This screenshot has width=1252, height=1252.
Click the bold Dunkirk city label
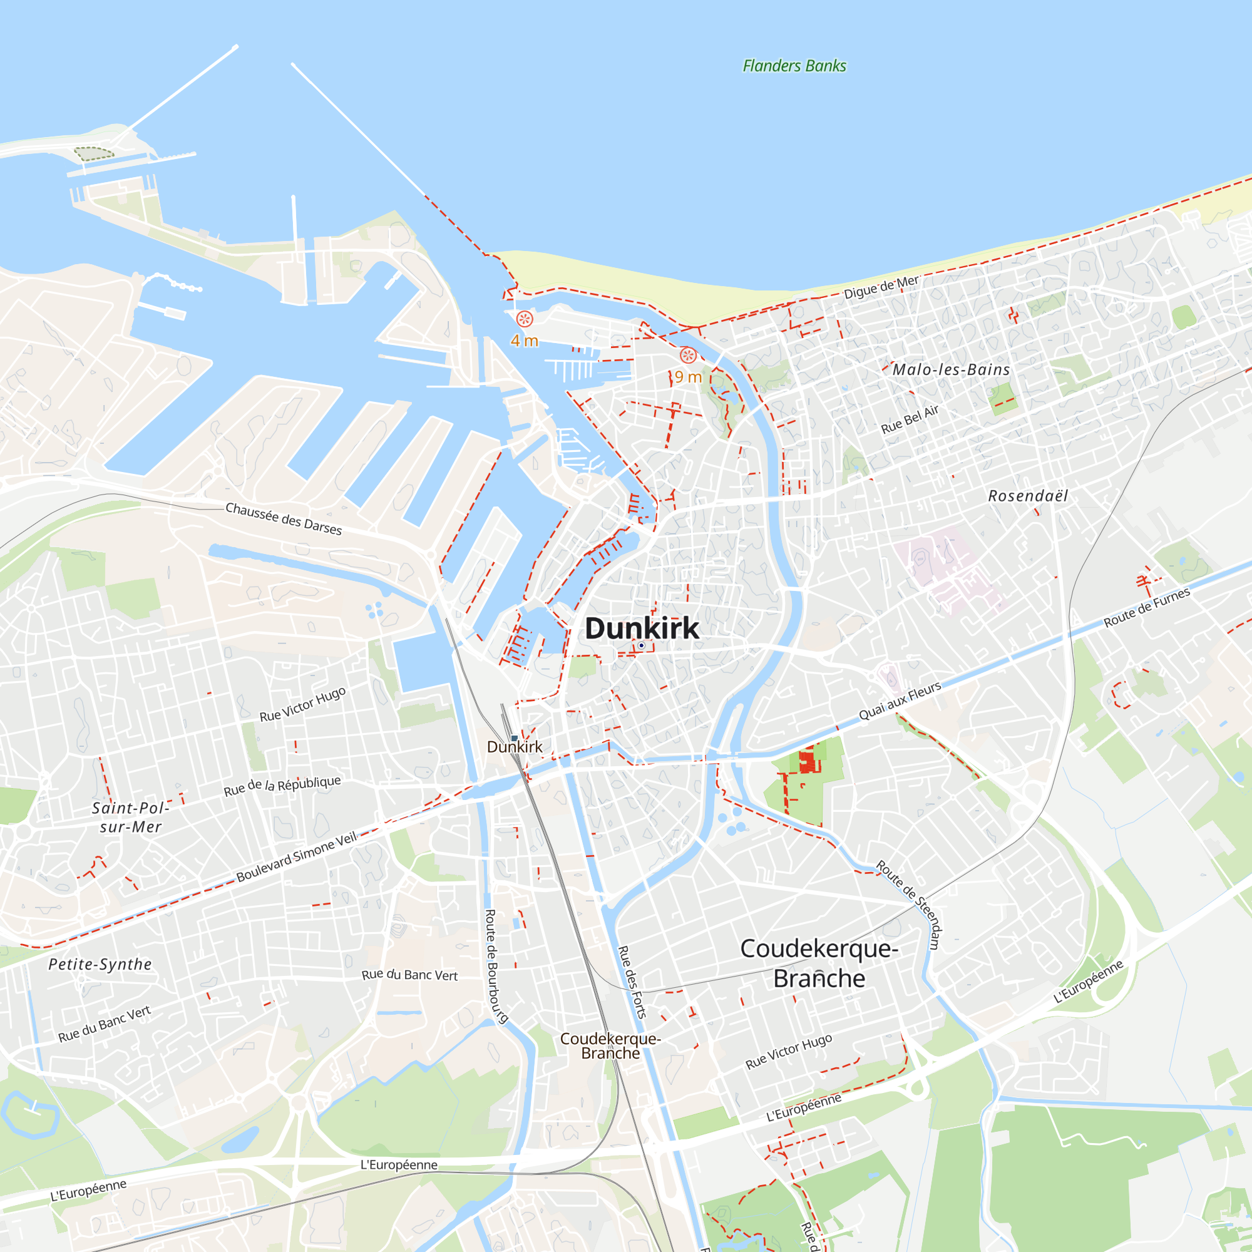click(642, 628)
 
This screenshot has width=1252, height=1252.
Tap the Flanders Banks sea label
click(794, 66)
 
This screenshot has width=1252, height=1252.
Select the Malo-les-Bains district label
click(951, 370)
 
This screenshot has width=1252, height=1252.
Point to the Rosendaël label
click(1028, 496)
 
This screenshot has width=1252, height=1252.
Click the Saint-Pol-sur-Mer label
click(130, 817)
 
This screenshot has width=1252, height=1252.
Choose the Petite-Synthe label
click(100, 964)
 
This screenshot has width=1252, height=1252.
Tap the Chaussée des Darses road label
click(283, 519)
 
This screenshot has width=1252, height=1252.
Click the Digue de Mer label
click(881, 287)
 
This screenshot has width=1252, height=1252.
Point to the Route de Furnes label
click(1146, 607)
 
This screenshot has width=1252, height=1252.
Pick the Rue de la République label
click(282, 786)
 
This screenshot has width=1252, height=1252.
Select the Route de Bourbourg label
click(495, 966)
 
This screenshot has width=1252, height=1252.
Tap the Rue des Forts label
click(632, 982)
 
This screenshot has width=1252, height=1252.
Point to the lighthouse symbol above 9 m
click(687, 355)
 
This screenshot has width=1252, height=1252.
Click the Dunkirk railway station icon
click(514, 738)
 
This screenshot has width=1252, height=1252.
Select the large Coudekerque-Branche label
click(819, 963)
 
